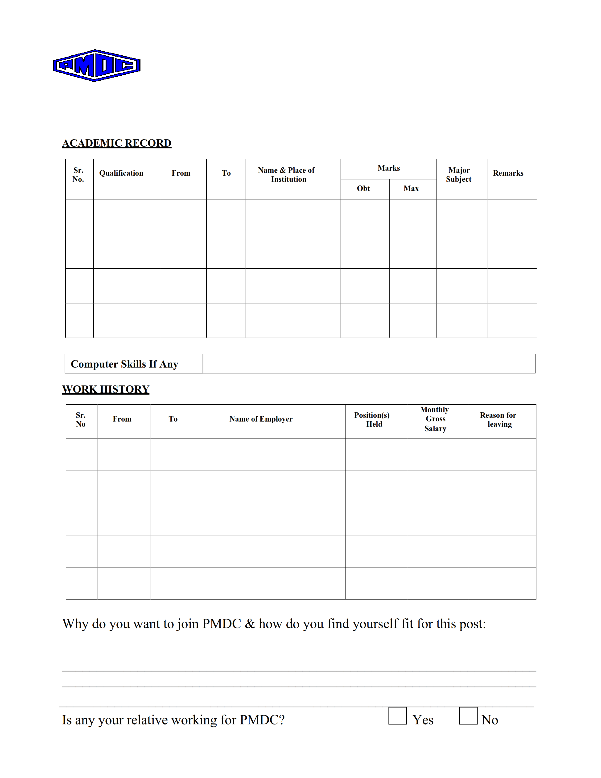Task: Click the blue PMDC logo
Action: tap(96, 66)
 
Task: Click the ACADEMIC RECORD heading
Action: tap(117, 143)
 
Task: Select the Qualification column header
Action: tap(121, 173)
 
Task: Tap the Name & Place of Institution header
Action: tap(287, 174)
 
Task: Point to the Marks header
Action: tap(389, 168)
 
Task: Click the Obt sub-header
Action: tap(363, 188)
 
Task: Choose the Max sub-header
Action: tap(411, 188)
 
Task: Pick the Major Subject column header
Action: tap(459, 174)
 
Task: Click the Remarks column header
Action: tap(508, 173)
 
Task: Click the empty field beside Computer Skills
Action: tap(369, 364)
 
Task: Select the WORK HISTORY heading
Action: tap(106, 389)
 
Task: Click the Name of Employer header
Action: tap(261, 419)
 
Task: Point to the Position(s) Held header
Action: tap(372, 420)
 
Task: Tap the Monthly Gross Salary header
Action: tap(435, 419)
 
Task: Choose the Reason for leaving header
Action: tap(498, 420)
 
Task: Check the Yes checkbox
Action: tap(397, 716)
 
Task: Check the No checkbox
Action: tap(468, 716)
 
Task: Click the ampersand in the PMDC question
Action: tap(250, 624)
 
